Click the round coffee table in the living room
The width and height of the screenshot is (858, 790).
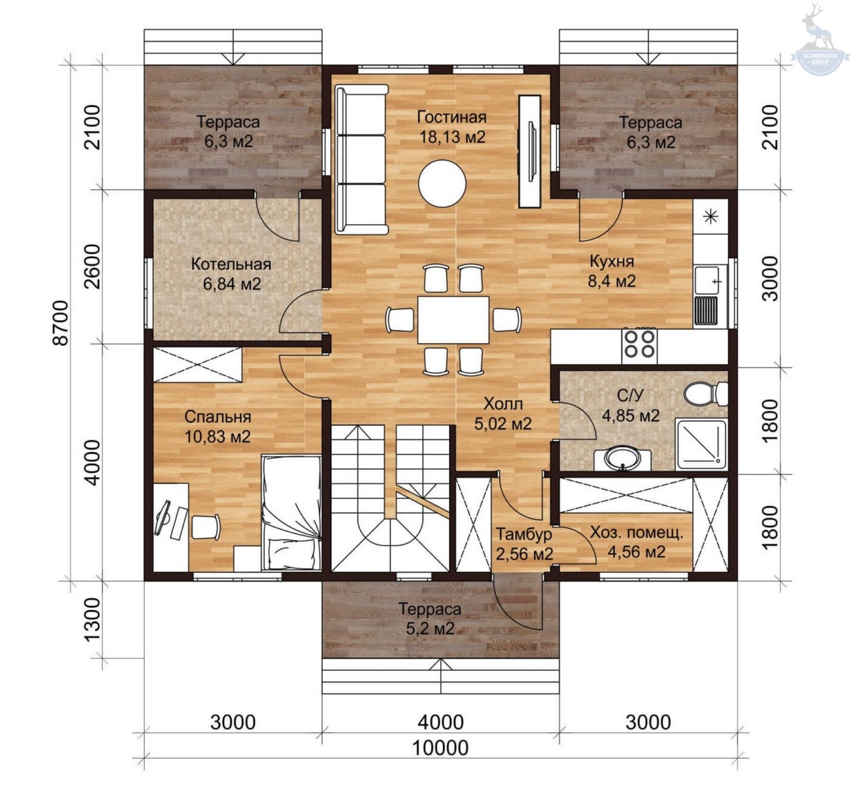click(442, 183)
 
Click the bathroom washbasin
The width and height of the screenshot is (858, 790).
click(622, 459)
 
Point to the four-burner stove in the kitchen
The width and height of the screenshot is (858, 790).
click(640, 344)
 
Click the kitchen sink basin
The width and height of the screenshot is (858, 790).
click(707, 280)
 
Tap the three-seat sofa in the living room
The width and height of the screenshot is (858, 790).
click(362, 159)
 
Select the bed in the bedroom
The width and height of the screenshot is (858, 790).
click(291, 512)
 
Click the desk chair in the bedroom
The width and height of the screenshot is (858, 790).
click(206, 527)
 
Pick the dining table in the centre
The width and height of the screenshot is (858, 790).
click(453, 320)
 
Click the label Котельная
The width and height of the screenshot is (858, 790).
click(231, 264)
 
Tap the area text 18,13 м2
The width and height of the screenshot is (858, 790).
click(452, 137)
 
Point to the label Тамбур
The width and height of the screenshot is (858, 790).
click(523, 534)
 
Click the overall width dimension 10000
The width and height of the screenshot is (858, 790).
click(440, 747)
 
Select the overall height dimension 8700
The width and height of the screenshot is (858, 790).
click(61, 323)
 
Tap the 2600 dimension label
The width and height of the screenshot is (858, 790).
click(92, 267)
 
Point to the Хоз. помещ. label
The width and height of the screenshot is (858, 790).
click(637, 533)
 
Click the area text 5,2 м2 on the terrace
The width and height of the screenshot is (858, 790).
click(430, 628)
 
